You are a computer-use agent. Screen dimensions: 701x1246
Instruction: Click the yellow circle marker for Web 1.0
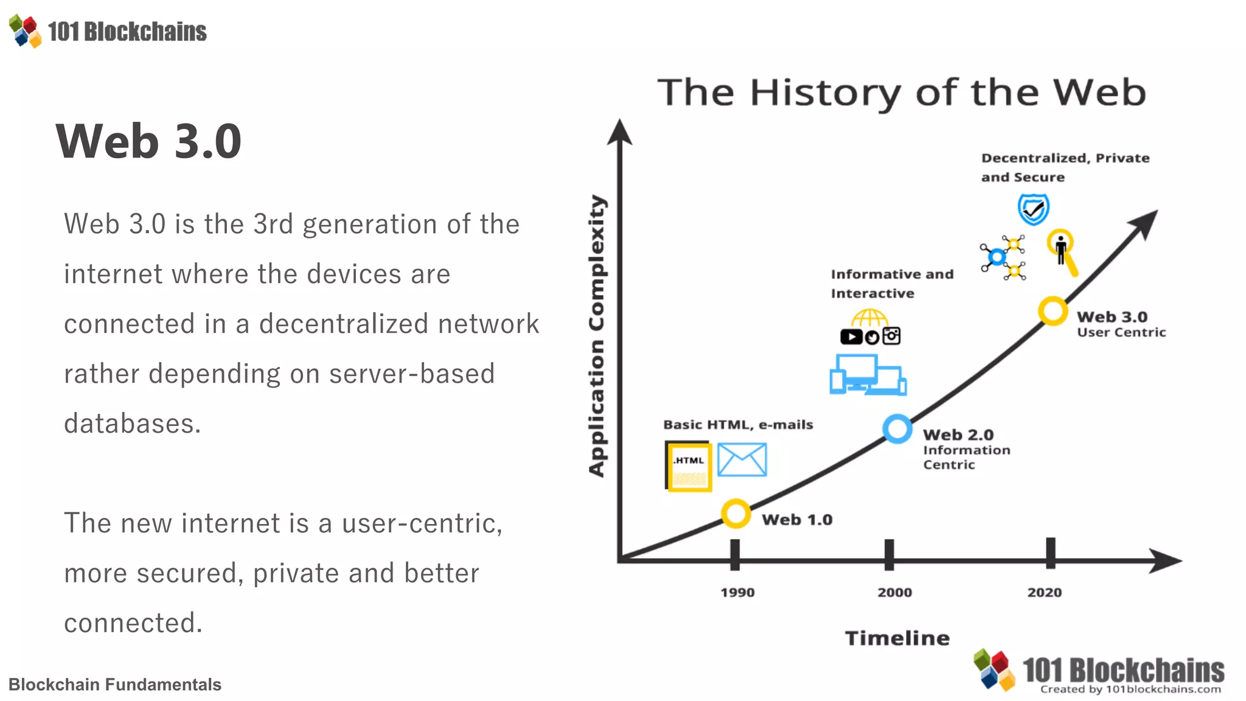[736, 514]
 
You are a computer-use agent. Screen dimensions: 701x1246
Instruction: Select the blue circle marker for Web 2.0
[897, 429]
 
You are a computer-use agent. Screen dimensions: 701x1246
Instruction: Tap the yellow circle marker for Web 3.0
[1053, 311]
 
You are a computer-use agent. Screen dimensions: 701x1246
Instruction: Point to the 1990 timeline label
[737, 593]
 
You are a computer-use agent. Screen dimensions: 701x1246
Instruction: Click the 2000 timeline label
[894, 593]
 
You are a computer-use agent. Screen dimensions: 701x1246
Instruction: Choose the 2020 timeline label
[1045, 593]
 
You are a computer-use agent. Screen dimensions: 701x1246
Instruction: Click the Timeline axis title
[897, 638]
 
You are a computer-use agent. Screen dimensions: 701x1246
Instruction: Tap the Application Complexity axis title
[597, 336]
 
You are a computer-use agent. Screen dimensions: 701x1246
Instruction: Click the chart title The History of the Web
[902, 92]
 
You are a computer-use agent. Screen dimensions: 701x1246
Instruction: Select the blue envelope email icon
[742, 460]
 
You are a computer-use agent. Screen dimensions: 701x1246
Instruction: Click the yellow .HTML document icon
[689, 466]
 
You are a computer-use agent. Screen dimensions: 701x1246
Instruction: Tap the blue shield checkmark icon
[1033, 209]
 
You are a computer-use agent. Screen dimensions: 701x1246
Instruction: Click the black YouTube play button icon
[851, 337]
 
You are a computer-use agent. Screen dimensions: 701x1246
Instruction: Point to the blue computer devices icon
[868, 375]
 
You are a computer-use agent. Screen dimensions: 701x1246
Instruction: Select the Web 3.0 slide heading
[148, 141]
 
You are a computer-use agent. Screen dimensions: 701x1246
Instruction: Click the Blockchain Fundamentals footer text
[115, 685]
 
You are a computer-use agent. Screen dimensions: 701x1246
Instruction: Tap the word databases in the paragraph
[132, 424]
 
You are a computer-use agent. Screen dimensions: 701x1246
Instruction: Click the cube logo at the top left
[26, 31]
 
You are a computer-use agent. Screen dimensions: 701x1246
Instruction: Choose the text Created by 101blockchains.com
[1130, 689]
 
